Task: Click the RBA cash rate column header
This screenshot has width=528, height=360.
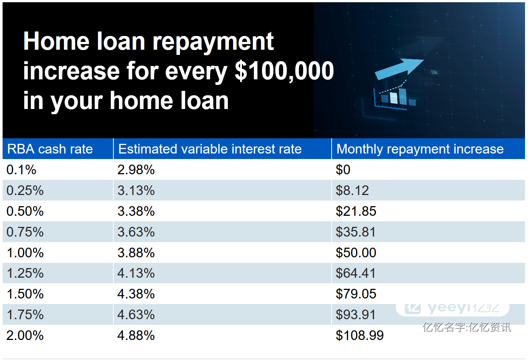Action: [50, 149]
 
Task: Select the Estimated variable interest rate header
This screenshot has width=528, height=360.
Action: [210, 149]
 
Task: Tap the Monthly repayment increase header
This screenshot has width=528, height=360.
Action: [420, 149]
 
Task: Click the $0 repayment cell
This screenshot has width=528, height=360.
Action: [343, 170]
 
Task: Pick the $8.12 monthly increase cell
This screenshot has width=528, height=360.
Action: [352, 190]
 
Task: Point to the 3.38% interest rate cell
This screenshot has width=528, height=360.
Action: [136, 211]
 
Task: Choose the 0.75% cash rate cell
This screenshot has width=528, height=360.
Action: [25, 232]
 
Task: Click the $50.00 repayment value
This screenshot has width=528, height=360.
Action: [356, 252]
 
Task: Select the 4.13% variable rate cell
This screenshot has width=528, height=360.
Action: [136, 273]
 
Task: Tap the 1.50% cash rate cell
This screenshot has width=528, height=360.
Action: [25, 294]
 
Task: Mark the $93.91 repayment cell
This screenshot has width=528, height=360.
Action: [355, 315]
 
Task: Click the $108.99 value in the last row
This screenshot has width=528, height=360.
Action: [360, 336]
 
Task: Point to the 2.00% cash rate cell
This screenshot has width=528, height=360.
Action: [25, 336]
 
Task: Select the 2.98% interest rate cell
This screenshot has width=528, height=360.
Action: [136, 170]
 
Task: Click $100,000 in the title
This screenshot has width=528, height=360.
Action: [284, 71]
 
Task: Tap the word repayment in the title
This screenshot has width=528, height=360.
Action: [213, 43]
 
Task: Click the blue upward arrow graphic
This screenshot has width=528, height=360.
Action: [399, 69]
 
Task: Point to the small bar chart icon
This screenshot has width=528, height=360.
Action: [395, 98]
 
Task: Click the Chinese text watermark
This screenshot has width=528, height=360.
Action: [466, 327]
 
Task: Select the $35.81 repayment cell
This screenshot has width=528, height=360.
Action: [355, 232]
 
